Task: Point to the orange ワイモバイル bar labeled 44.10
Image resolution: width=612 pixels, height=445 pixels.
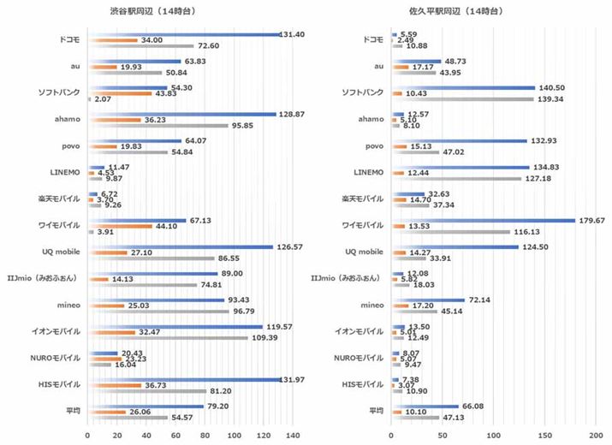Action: [x=120, y=226]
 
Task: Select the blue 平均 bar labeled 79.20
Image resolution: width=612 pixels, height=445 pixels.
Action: [x=146, y=406]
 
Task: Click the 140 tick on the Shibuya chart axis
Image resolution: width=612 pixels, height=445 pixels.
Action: [x=293, y=435]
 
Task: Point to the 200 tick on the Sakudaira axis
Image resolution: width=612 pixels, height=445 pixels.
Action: [x=597, y=435]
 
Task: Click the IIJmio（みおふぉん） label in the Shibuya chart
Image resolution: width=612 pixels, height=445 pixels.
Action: [x=47, y=279]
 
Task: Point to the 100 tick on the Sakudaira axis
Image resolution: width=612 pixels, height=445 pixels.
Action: [x=494, y=435]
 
